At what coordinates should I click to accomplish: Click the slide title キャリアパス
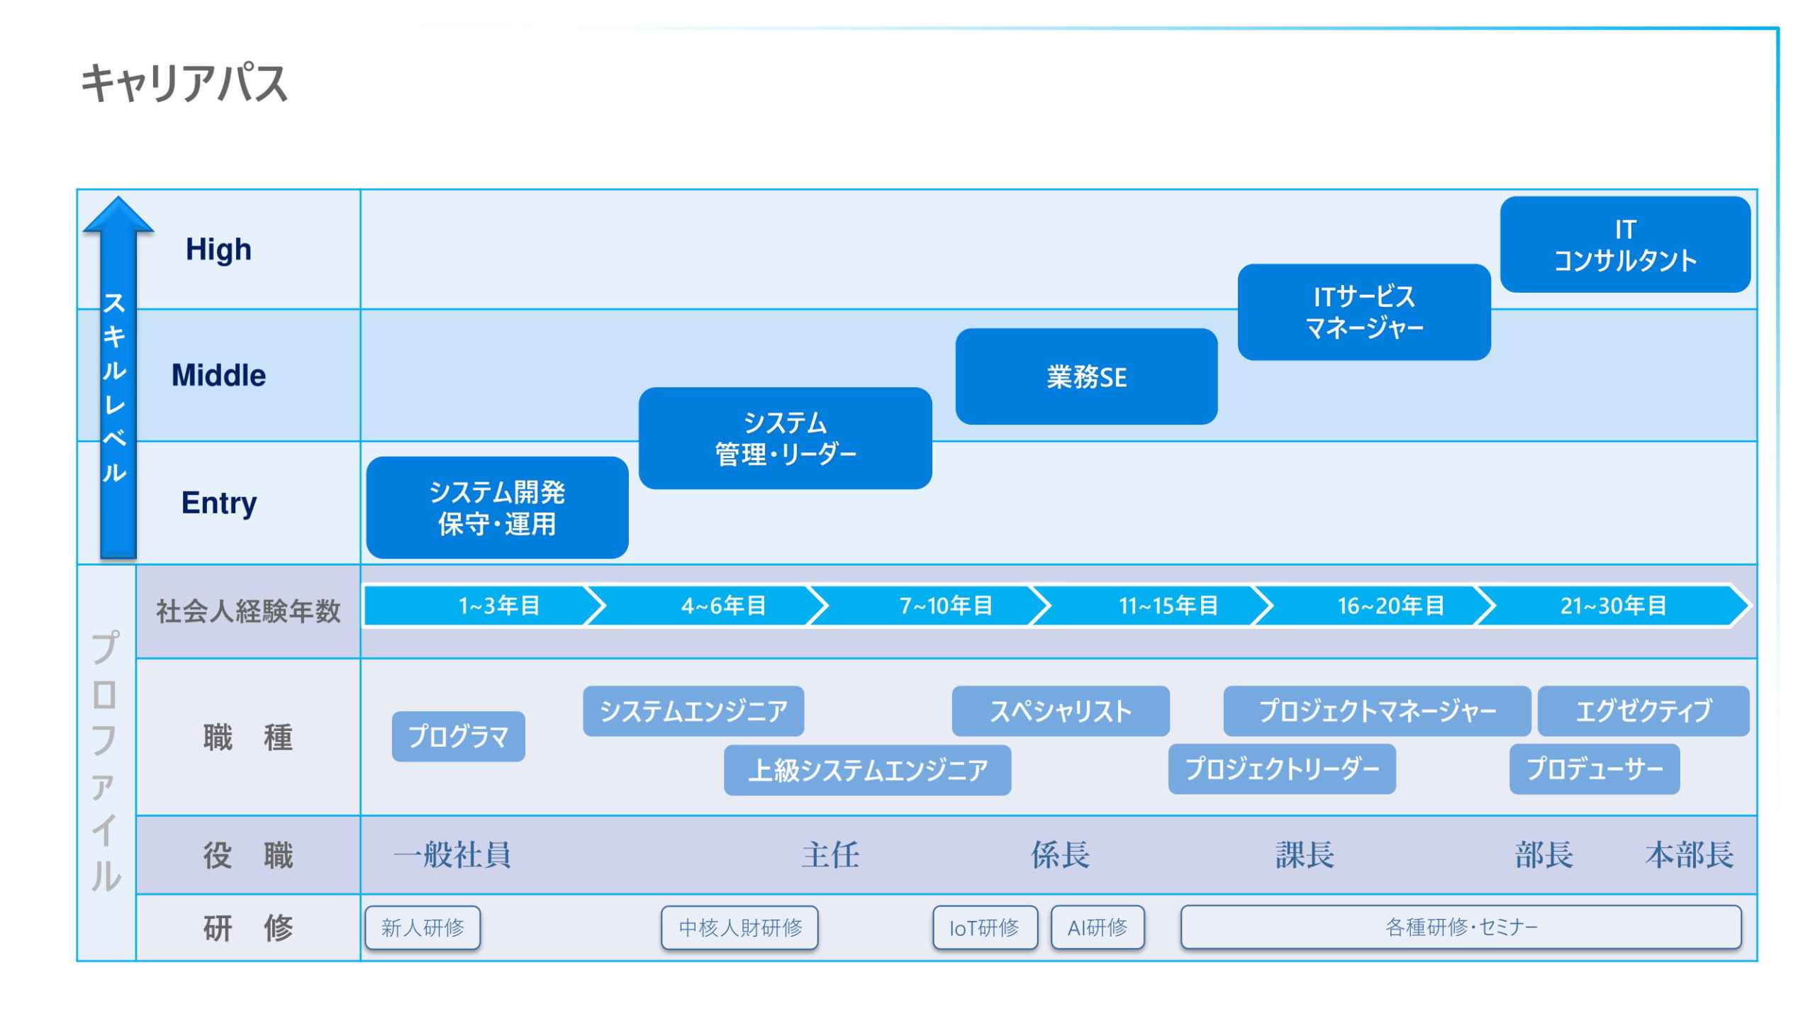(x=184, y=83)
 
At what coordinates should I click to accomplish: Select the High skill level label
(x=218, y=250)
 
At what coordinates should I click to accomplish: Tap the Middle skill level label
(x=218, y=375)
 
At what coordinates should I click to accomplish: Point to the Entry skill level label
(x=219, y=503)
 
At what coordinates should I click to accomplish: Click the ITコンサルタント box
(x=1625, y=245)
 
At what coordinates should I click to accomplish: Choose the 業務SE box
(x=1086, y=376)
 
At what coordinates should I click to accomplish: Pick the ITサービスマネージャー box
(x=1364, y=312)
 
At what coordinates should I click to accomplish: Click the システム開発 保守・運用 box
(x=497, y=508)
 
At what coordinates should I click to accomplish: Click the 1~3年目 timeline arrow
(x=485, y=606)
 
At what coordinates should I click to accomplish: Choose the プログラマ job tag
(x=458, y=737)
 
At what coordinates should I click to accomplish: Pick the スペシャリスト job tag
(x=1061, y=711)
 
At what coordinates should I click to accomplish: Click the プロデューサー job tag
(x=1595, y=769)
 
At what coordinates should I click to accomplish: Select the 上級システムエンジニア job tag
(x=867, y=770)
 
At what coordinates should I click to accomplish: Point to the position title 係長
(x=1060, y=855)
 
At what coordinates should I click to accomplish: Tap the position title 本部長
(x=1690, y=855)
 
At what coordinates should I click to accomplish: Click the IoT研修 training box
(x=985, y=927)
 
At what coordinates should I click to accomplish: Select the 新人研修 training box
(x=423, y=927)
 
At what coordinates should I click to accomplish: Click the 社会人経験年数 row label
(x=248, y=611)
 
